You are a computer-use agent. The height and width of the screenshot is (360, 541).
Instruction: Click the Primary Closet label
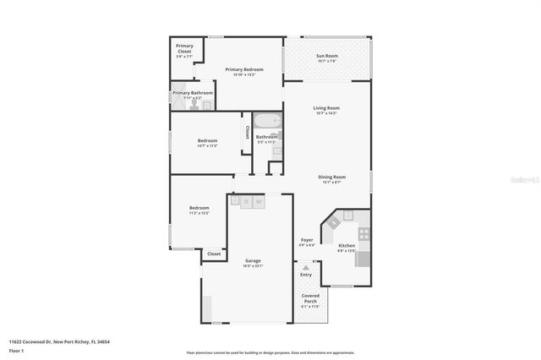pos(184,50)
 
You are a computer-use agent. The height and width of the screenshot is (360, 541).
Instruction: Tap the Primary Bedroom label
pos(243,69)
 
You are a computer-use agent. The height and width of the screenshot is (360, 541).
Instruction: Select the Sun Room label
pos(326,57)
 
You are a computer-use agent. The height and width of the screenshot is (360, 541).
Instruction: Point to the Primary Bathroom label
pos(193,93)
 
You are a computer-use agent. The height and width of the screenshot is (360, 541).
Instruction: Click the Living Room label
pos(325,108)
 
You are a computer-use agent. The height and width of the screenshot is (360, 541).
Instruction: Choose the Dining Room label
pos(331,177)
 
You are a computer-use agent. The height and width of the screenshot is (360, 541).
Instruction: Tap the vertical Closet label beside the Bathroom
pos(247,134)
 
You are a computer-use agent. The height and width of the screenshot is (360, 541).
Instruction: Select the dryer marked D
pos(246,202)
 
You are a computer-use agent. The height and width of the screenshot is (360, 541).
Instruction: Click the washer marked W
pos(259,202)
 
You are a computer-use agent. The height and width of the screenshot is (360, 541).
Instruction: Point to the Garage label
pos(253,260)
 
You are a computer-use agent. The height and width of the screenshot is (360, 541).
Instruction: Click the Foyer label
pos(307,240)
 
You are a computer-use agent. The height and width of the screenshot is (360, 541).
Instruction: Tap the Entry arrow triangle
pos(306,266)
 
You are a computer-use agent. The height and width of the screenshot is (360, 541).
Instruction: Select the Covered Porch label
pos(310,298)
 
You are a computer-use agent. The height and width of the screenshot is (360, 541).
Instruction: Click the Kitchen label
pos(347,245)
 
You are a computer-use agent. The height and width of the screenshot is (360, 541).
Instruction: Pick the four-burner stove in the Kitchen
pos(363,233)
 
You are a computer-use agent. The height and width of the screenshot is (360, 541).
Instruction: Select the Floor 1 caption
pos(17,351)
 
